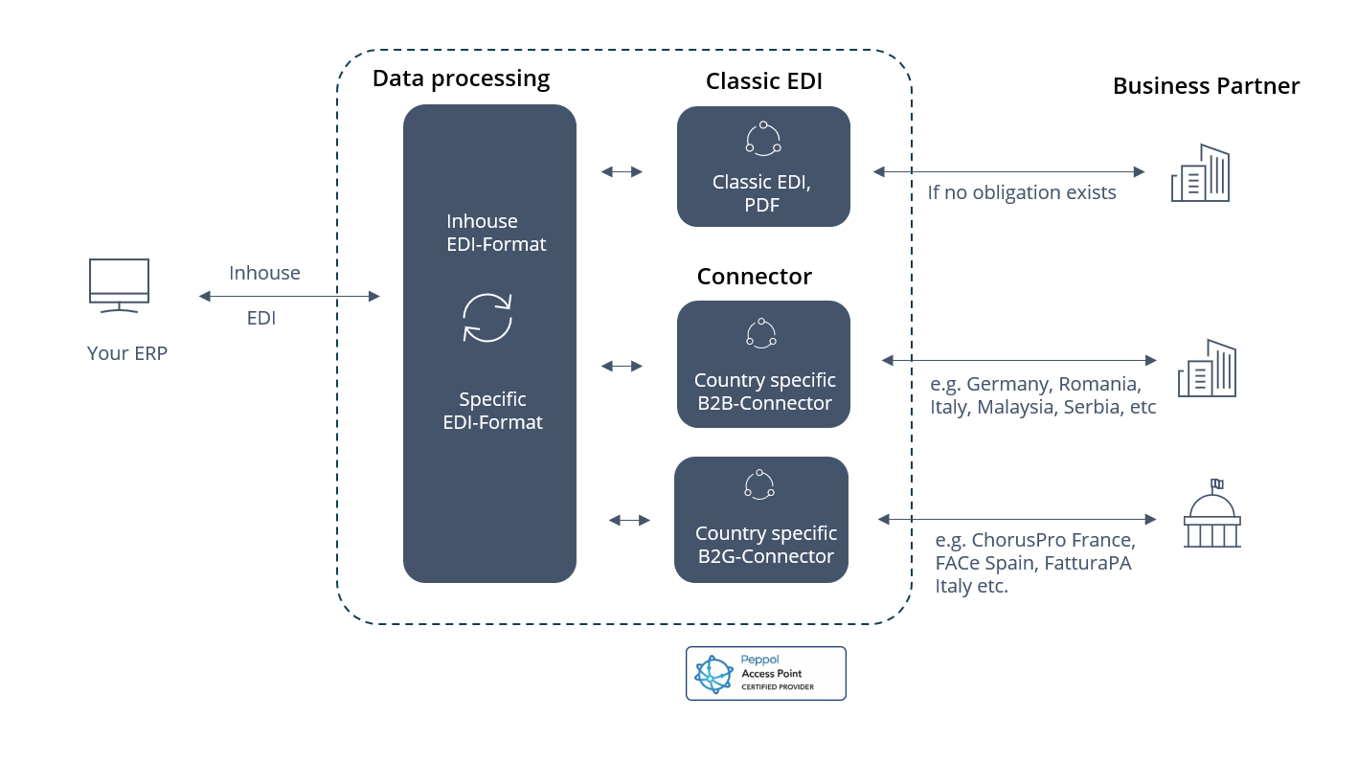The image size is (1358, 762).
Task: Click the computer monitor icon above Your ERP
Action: coord(119,284)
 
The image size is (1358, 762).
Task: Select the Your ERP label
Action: coord(127,353)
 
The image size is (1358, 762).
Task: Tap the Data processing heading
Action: coord(461,78)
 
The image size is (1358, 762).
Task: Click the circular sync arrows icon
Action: coord(487,318)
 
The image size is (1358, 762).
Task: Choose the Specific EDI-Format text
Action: coord(492,411)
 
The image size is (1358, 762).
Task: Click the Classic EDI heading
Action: coord(763,81)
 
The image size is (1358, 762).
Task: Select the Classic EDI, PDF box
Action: coord(763,167)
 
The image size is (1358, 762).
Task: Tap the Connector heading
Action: coord(754,277)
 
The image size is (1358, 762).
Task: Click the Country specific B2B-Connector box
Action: coord(763,364)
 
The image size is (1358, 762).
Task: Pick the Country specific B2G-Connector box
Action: coord(761,520)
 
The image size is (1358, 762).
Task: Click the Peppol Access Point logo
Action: coord(765,673)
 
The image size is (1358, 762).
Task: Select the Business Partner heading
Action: coord(1206,86)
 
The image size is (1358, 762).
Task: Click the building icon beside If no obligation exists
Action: coord(1200,173)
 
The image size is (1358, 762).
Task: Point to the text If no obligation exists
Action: coord(1021,192)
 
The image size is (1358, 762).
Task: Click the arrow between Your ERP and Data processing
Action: coord(289,297)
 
